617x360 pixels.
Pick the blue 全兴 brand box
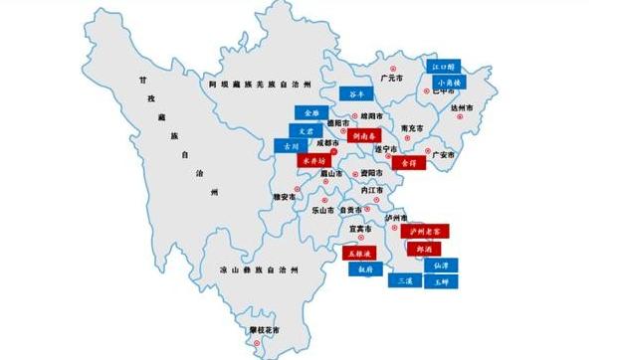pyautogui.click(x=308, y=113)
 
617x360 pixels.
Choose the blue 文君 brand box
pyautogui.click(x=308, y=130)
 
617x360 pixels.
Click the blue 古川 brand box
pyautogui.click(x=290, y=146)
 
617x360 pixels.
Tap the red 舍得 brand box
pyautogui.click(x=407, y=161)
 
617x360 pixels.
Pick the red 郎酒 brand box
pyautogui.click(x=423, y=248)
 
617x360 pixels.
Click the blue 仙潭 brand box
pyautogui.click(x=440, y=266)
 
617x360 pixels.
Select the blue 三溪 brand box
pyautogui.click(x=405, y=280)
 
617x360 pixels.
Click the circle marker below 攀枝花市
pyautogui.click(x=256, y=343)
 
